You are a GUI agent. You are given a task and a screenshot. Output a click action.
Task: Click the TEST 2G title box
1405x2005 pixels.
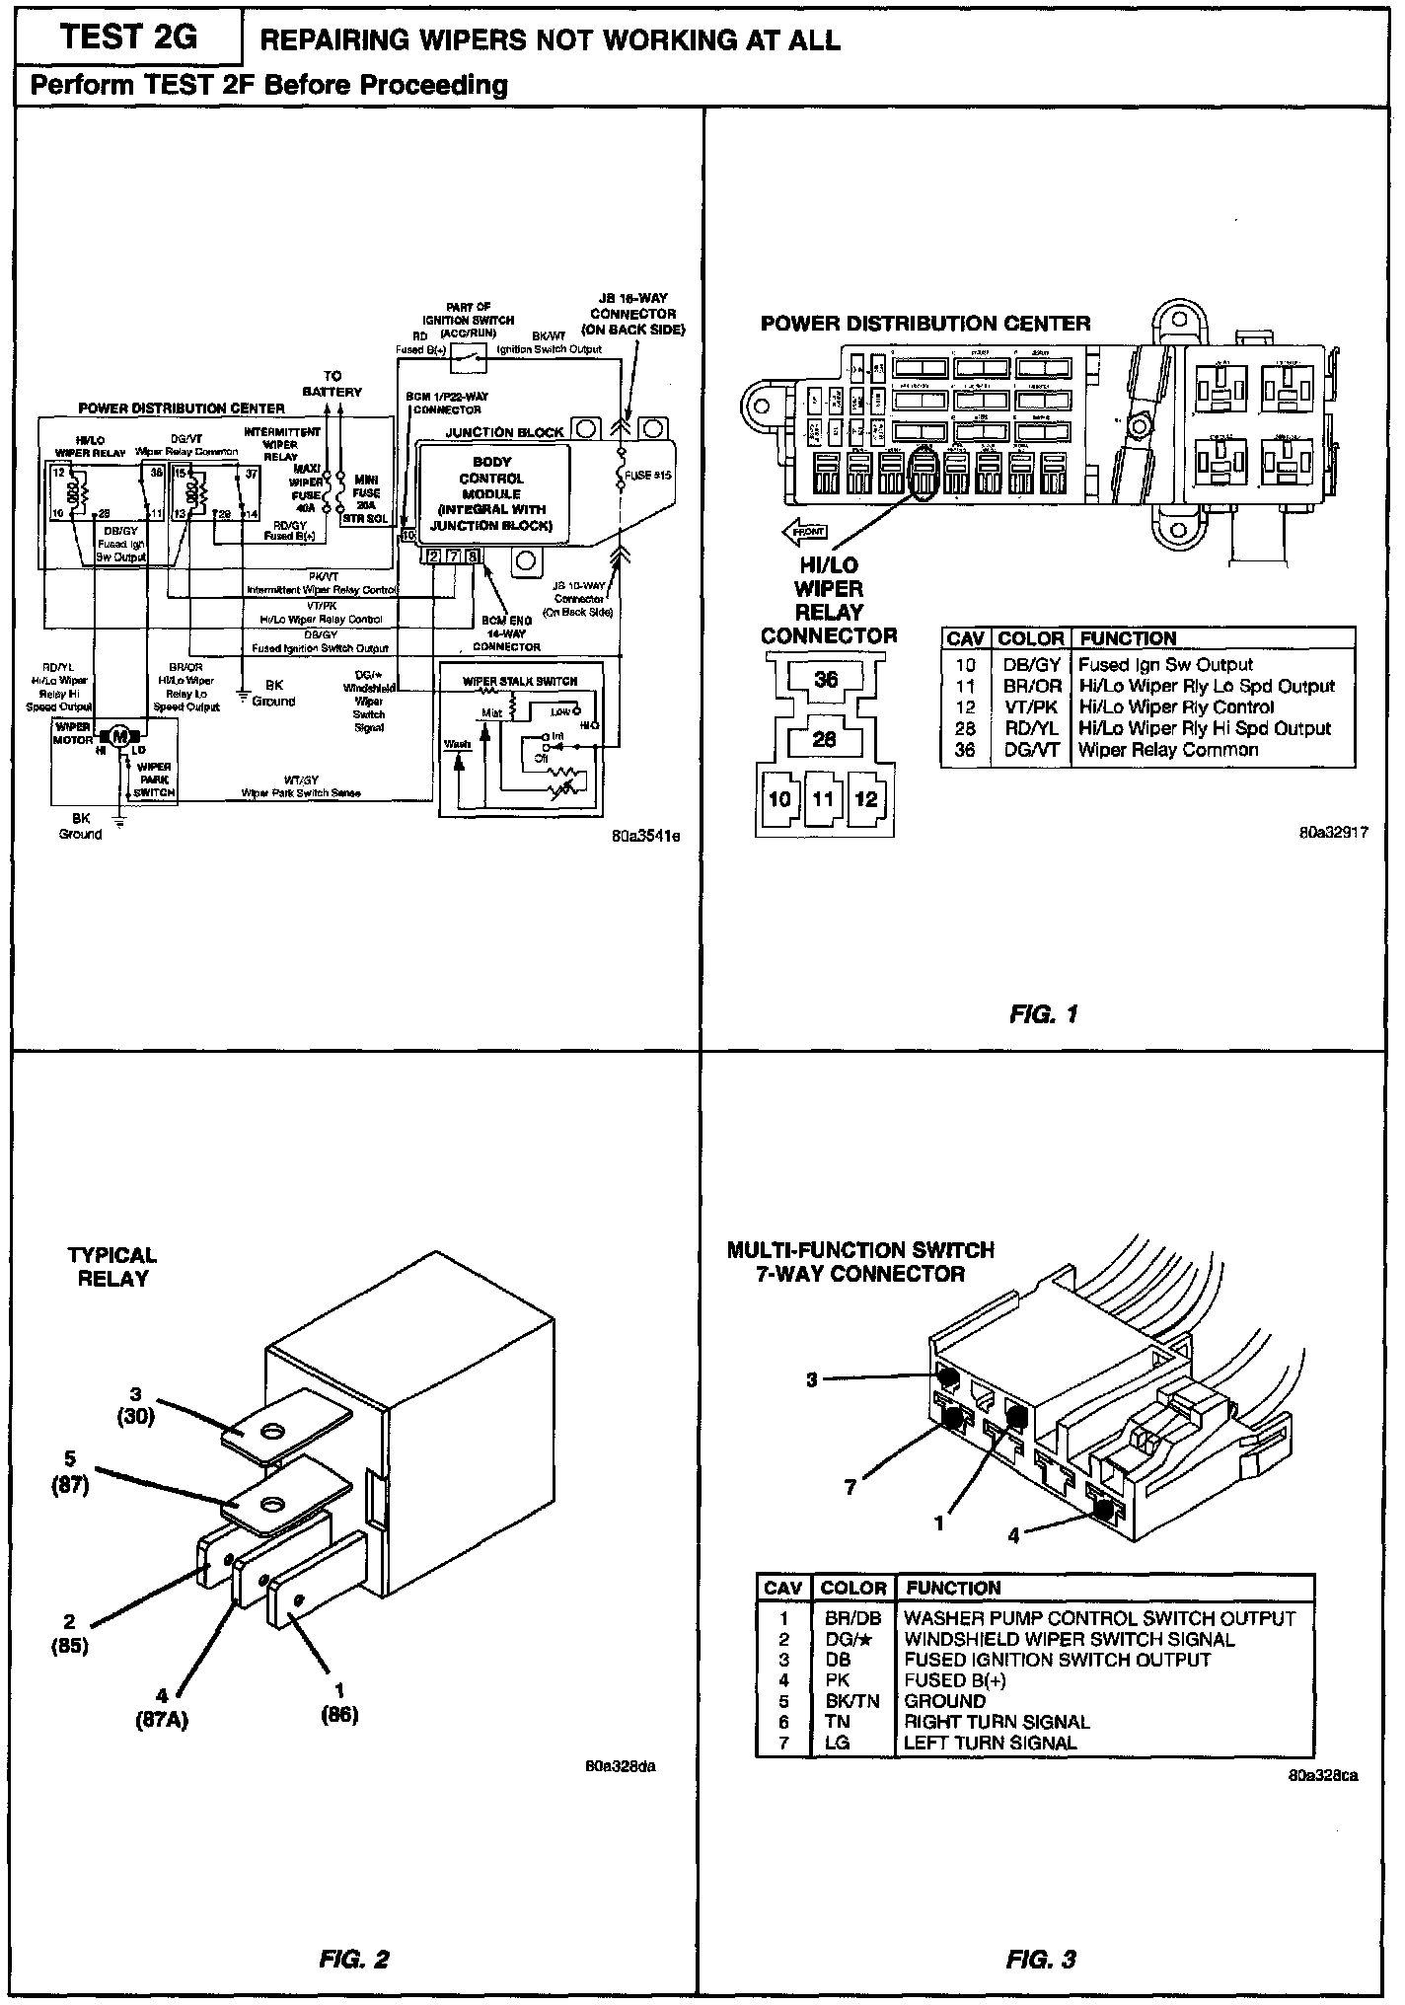click(x=128, y=38)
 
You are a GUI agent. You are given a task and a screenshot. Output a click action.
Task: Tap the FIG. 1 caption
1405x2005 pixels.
click(x=1043, y=1013)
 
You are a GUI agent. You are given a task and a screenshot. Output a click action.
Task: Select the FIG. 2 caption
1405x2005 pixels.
click(x=354, y=1959)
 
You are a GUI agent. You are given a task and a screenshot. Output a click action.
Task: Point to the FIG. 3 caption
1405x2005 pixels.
click(x=1041, y=1959)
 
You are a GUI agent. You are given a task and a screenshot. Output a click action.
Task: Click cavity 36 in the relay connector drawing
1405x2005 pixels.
click(x=826, y=679)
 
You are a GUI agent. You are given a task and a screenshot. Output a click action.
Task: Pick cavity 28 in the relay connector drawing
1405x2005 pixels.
click(x=825, y=740)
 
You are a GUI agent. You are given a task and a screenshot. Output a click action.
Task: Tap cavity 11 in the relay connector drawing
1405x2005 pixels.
click(x=823, y=798)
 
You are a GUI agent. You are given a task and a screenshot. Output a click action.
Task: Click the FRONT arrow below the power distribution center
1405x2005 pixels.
click(x=805, y=533)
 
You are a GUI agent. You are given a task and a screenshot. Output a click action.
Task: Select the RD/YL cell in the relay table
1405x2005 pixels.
click(x=1030, y=728)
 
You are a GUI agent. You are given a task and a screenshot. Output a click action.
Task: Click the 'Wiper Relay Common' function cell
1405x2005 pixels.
click(x=1167, y=750)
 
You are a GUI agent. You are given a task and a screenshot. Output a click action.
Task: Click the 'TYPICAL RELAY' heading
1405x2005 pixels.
click(x=112, y=1267)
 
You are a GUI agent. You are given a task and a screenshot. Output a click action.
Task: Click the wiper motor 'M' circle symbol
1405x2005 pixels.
click(x=119, y=735)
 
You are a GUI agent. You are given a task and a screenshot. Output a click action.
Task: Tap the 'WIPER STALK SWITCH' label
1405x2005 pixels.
click(x=520, y=681)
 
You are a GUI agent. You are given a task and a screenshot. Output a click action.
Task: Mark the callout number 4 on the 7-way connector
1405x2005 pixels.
click(x=1012, y=1536)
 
